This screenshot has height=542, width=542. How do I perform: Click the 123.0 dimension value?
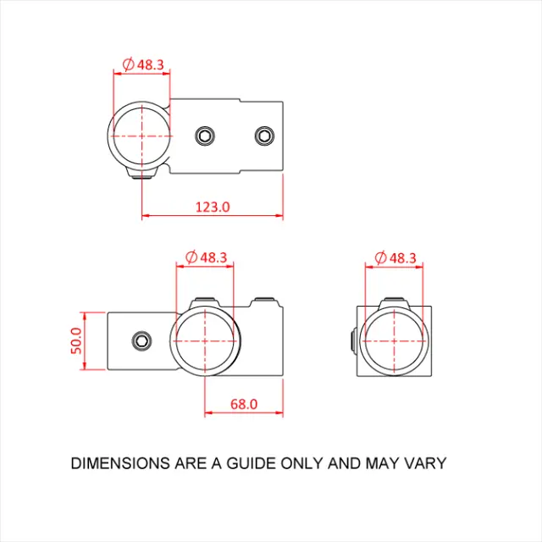(x=213, y=207)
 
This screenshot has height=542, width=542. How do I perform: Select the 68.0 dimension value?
(x=243, y=405)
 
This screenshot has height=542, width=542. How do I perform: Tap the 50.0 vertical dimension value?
(x=75, y=341)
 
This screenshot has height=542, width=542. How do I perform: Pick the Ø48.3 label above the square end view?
(x=394, y=257)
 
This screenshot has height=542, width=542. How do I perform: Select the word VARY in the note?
(x=426, y=463)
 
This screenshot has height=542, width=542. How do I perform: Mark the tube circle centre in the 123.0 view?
(x=141, y=135)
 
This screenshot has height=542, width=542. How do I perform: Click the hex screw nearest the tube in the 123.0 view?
(x=204, y=135)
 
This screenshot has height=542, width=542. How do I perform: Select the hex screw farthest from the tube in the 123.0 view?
(x=266, y=135)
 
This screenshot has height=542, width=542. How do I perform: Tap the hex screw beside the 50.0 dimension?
(x=141, y=341)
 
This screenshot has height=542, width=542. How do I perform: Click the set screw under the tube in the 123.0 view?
(x=141, y=174)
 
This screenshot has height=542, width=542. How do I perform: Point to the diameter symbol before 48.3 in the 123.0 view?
(x=128, y=64)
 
